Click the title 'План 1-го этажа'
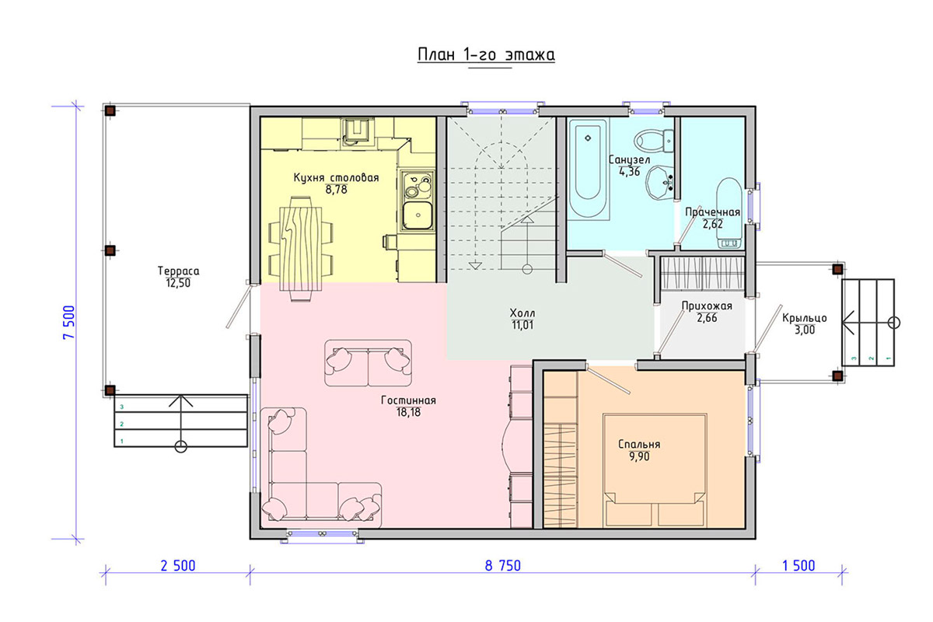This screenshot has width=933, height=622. point(486,55)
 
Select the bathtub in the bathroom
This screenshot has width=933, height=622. point(588,169)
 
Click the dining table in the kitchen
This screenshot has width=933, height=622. point(301,249)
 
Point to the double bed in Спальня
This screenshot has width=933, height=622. point(655,470)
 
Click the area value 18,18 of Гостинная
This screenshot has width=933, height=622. point(409,412)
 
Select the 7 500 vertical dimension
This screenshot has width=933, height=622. point(69,322)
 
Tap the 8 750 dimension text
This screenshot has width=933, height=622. point(503,565)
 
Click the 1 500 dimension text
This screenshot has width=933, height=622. point(798,565)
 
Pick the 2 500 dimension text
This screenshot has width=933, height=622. point(178,565)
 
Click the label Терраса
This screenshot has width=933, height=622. point(178,271)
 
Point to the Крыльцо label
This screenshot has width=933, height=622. point(804,318)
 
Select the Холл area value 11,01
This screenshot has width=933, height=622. point(522,325)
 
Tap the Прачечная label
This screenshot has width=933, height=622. point(713,212)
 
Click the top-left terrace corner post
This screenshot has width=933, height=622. point(110,111)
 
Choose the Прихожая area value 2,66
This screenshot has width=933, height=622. point(707,318)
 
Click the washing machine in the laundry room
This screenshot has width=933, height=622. point(729,213)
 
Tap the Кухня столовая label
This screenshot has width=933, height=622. point(336,178)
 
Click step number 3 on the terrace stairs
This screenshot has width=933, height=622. point(122,407)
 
